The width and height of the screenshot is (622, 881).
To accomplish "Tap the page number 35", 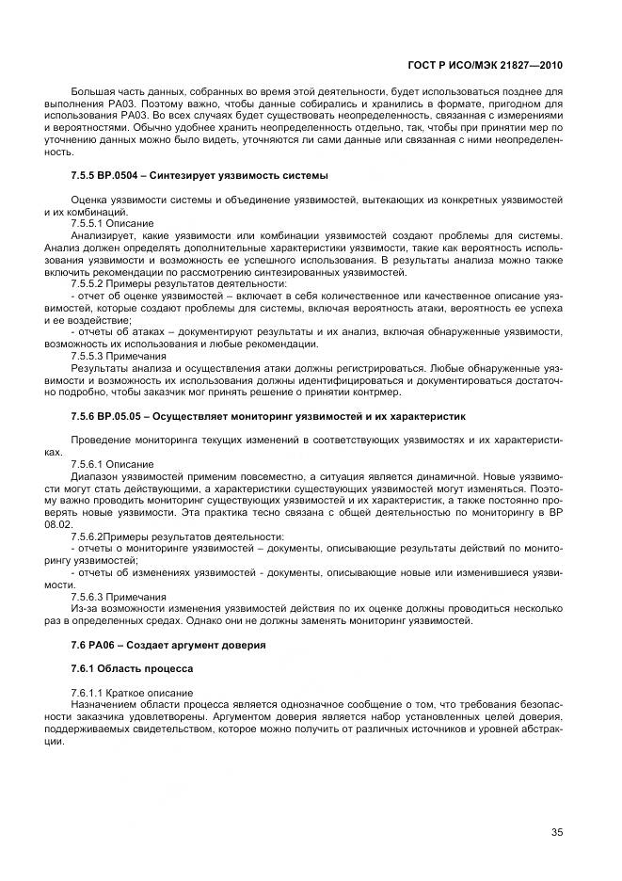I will coord(556,831).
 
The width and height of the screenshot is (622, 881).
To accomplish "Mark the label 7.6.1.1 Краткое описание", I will coord(119,692).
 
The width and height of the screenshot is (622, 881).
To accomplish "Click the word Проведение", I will coord(100,440).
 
